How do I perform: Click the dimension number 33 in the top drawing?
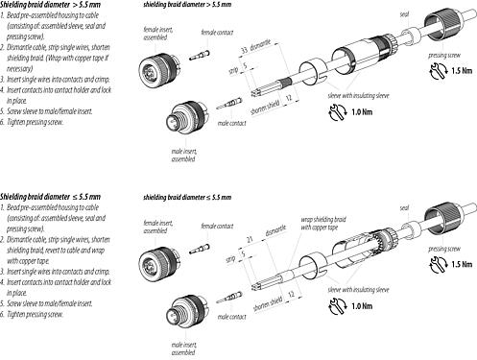pyautogui.click(x=244, y=48)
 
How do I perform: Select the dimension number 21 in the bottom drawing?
pyautogui.click(x=249, y=235)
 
